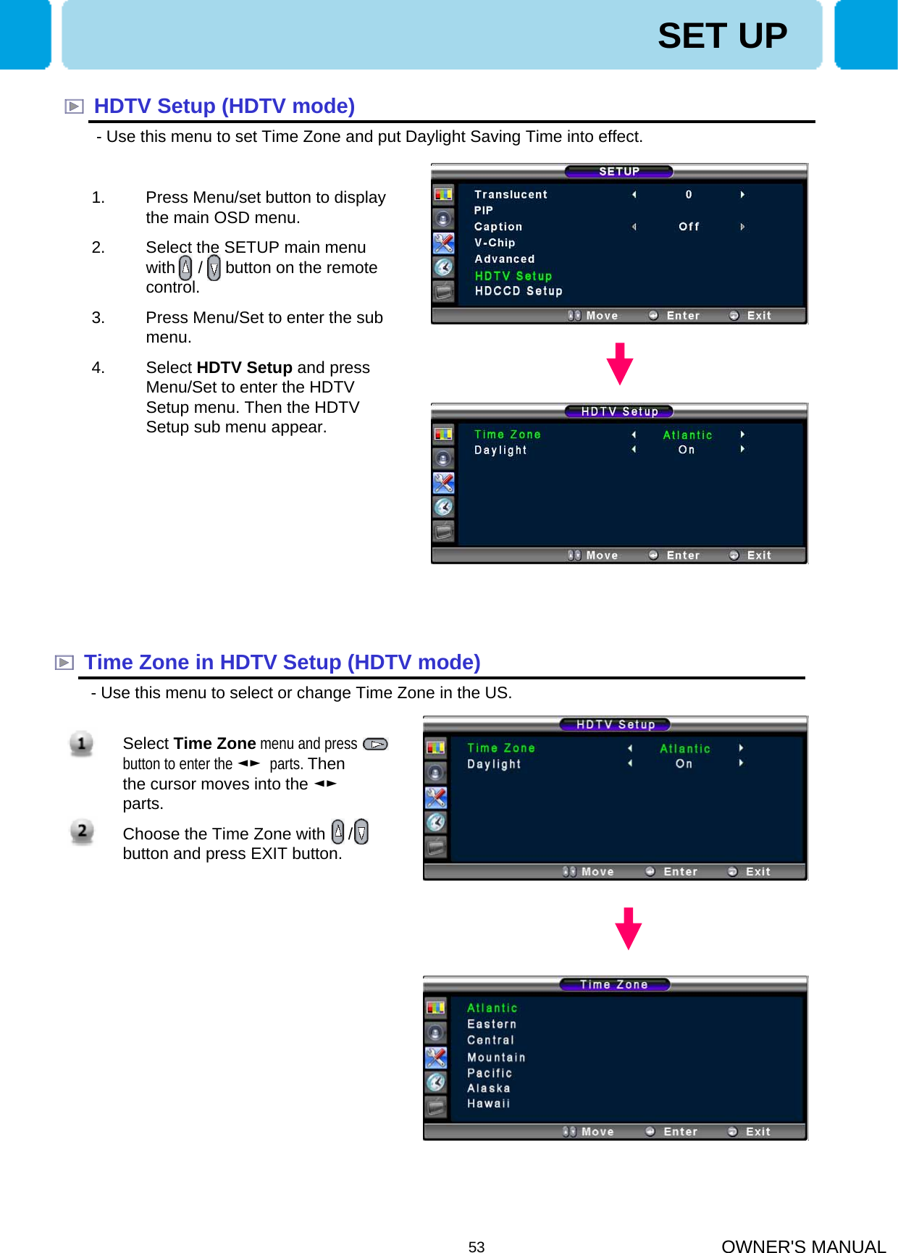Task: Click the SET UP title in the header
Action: pos(722,35)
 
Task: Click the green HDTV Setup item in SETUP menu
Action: pos(513,276)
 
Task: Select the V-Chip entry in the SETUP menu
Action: pos(495,243)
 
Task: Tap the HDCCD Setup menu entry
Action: pos(519,291)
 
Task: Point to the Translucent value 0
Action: pos(689,194)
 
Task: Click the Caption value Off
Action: pos(689,227)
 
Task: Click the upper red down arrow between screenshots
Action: pos(620,364)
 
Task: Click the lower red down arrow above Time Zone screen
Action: pos(628,928)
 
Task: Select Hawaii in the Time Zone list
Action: pos(488,1104)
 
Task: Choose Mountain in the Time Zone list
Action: pos(496,1057)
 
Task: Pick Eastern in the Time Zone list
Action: pos(492,1024)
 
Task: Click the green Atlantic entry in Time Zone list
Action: pos(492,1008)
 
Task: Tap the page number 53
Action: pos(477,1246)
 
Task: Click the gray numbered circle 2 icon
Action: pos(82,831)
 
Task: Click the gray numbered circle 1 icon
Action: pos(81,743)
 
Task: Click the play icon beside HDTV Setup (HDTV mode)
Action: pos(74,106)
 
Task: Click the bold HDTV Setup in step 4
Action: pos(244,368)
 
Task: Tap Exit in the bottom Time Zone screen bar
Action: pos(758,1131)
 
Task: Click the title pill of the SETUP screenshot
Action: pos(619,172)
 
